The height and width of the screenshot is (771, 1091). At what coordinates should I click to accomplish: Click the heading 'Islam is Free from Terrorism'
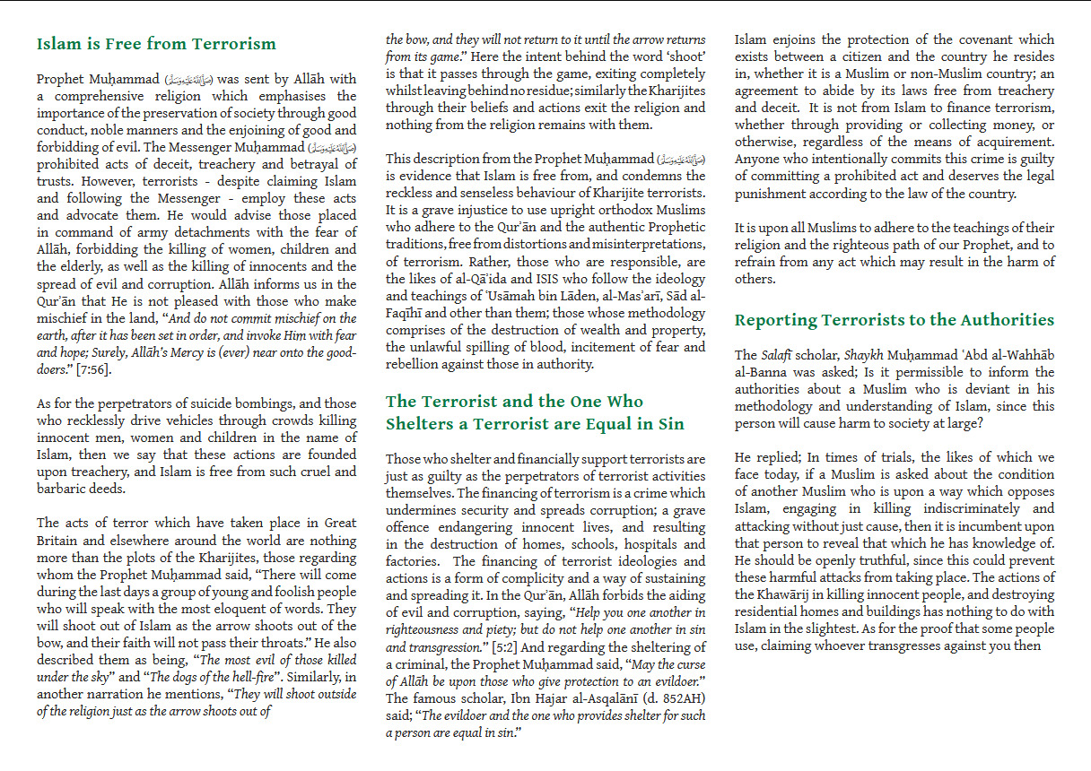coord(156,44)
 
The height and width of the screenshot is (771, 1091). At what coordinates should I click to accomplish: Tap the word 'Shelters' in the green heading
coord(424,424)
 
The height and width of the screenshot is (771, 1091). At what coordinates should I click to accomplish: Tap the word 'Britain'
coord(58,541)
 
